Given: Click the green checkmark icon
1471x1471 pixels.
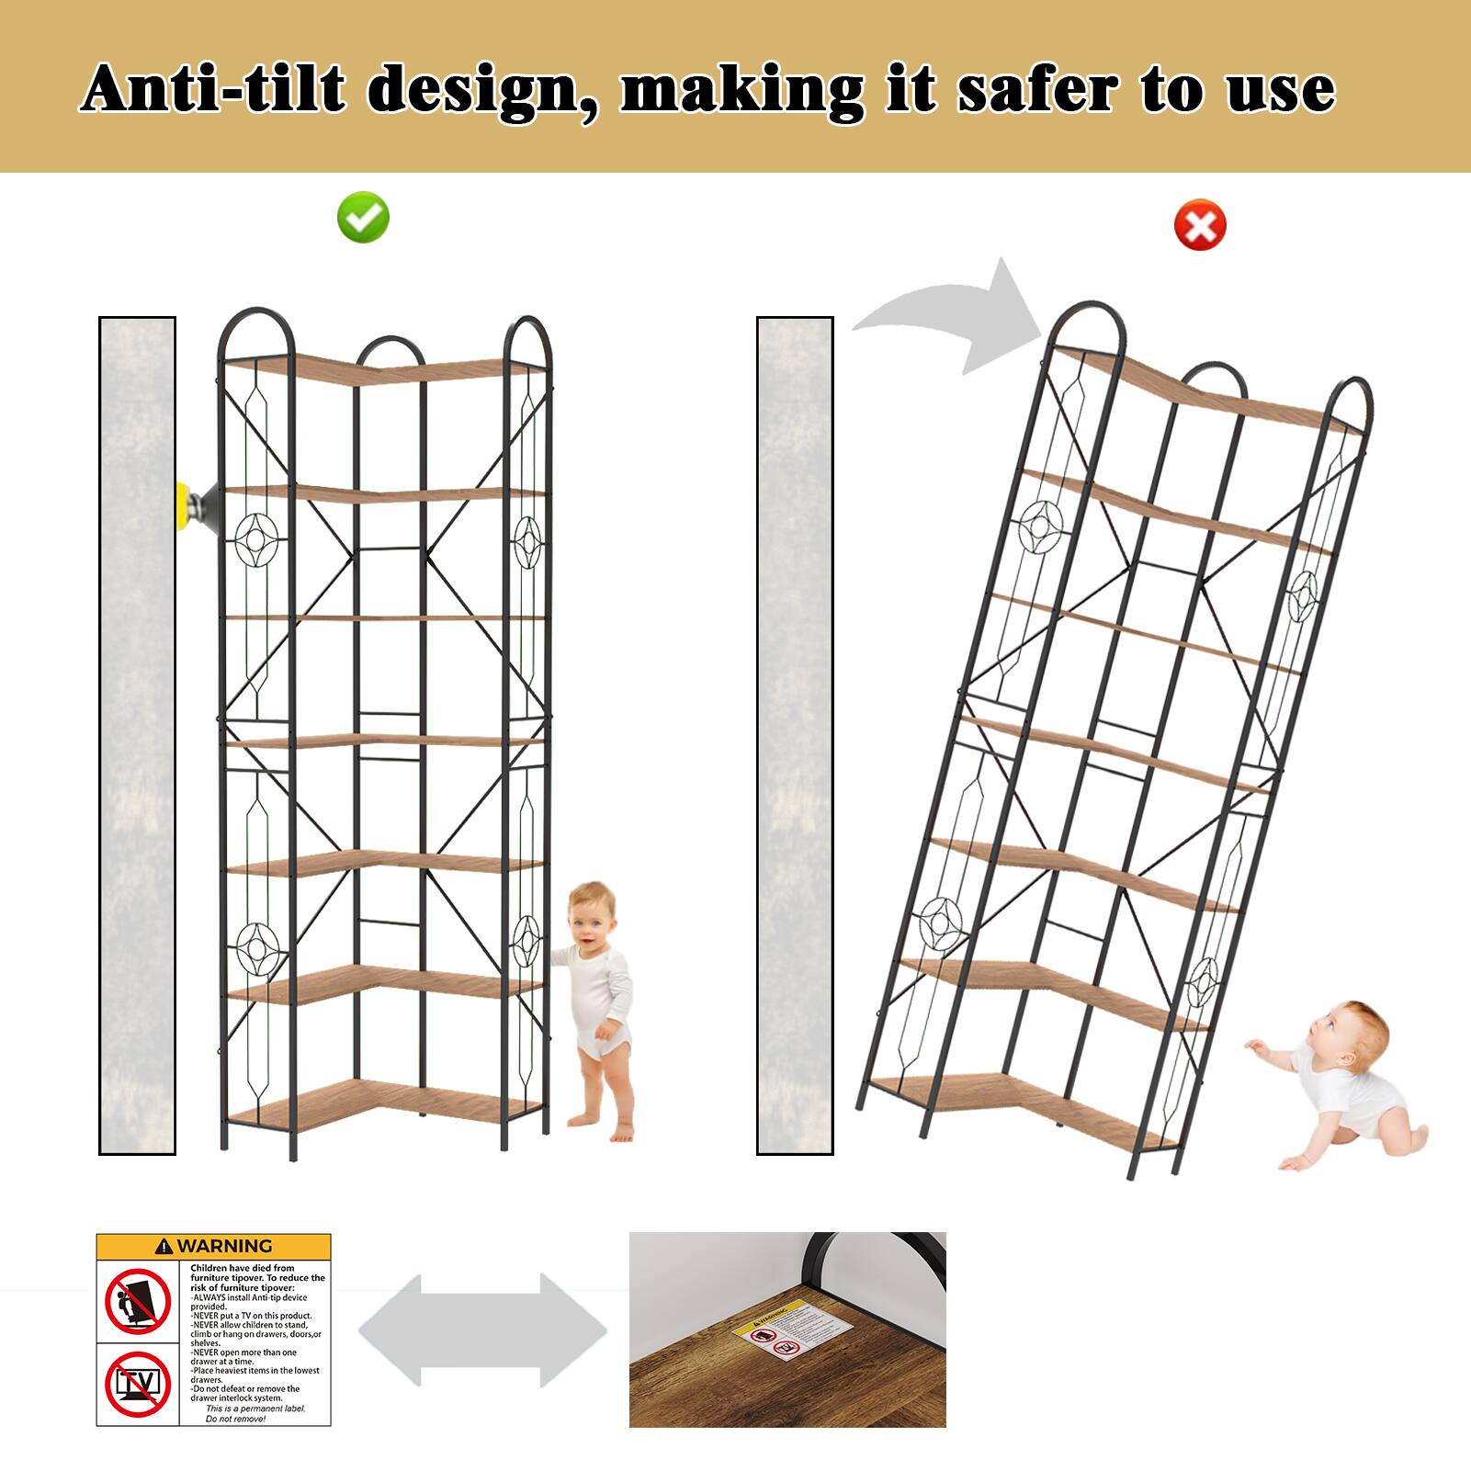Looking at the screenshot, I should (x=364, y=218).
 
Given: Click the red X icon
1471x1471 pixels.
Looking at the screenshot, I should (x=1200, y=225).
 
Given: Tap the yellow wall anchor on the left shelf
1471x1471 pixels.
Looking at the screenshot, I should (x=190, y=505).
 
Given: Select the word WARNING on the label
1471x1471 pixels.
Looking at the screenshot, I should (x=225, y=1247).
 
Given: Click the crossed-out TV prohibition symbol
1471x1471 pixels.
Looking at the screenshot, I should (x=138, y=1383).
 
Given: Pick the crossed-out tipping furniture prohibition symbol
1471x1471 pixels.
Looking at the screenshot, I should (x=138, y=1301).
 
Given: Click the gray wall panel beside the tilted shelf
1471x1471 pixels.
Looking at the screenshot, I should (x=795, y=735).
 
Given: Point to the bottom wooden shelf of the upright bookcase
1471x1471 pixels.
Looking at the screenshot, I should (x=386, y=1103).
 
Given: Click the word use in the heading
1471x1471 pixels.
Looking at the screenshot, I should (x=1281, y=90).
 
